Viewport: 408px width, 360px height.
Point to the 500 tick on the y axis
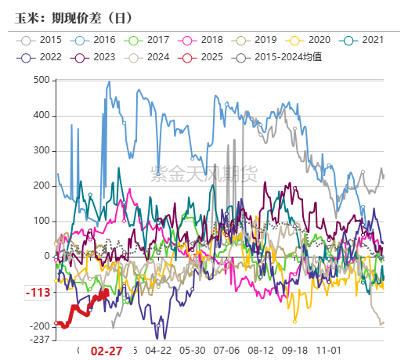tap(41, 80)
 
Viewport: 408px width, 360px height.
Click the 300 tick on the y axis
tap(41, 150)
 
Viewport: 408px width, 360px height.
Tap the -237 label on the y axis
tap(39, 339)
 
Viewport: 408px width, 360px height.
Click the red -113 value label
tap(38, 293)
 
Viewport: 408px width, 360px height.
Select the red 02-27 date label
tap(107, 351)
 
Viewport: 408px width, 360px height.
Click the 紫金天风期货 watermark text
tap(203, 173)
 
